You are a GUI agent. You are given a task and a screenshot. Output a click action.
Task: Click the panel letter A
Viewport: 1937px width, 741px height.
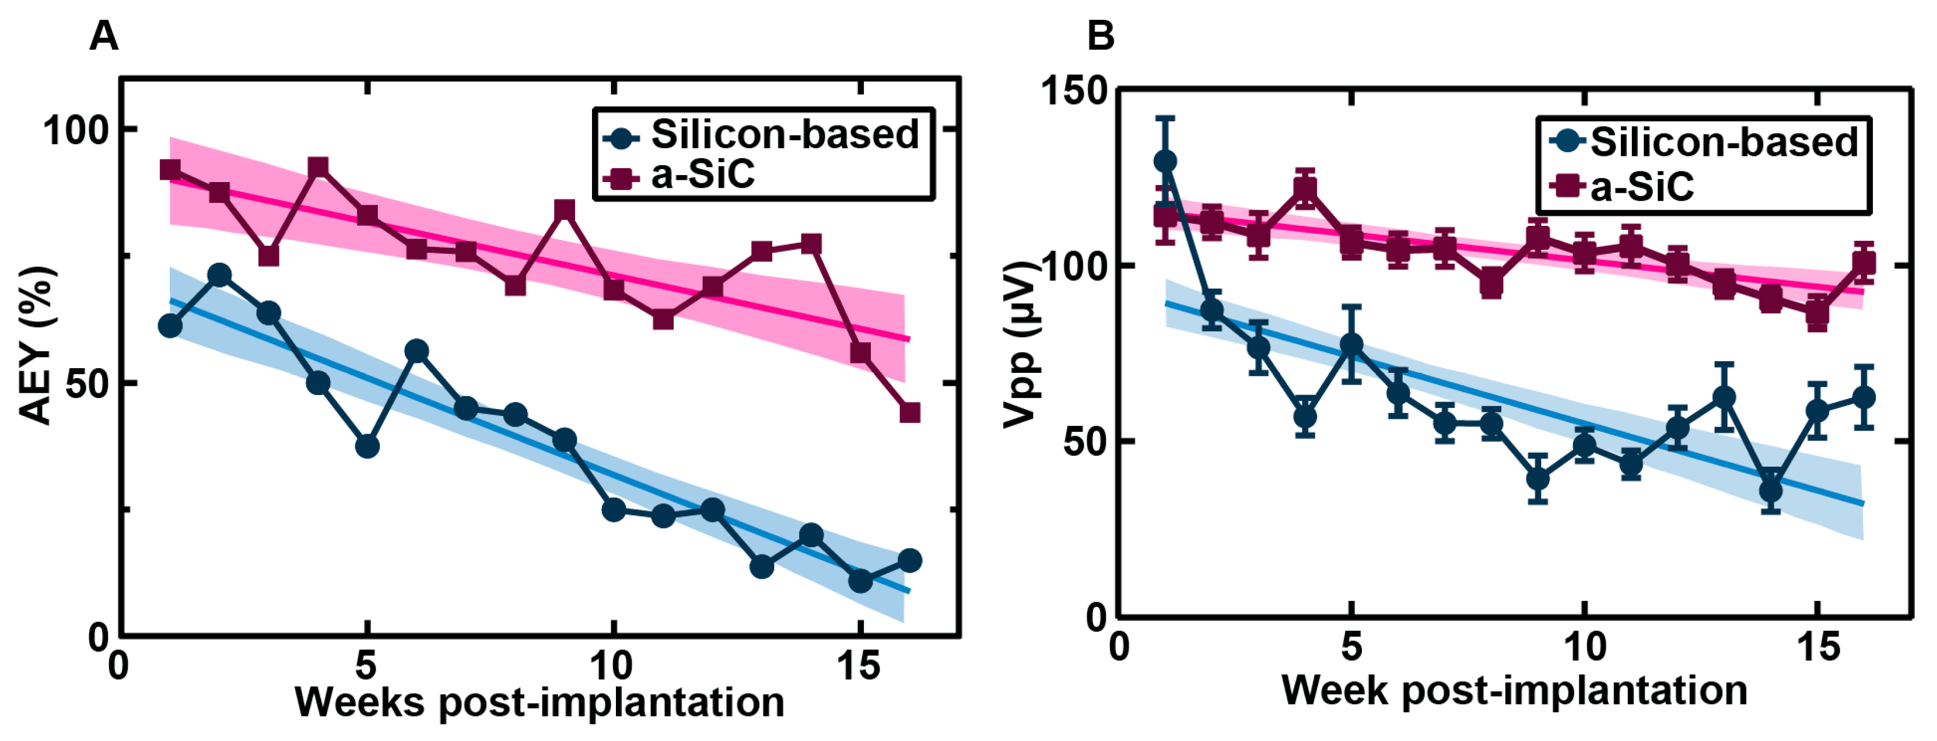tap(104, 36)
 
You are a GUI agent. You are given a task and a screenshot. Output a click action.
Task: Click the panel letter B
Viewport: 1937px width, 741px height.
tap(1101, 36)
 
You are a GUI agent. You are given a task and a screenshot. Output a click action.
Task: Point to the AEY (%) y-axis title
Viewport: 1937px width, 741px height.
tap(36, 345)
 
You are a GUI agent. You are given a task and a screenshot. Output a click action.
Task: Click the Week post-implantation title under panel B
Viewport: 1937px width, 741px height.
tap(1514, 689)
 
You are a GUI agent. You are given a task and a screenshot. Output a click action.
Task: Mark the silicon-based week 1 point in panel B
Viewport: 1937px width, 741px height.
tap(1165, 161)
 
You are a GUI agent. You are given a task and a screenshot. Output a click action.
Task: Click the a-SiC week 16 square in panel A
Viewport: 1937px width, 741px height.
tap(910, 413)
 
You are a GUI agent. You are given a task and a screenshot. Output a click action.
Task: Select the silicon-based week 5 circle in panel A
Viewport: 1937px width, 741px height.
tap(367, 446)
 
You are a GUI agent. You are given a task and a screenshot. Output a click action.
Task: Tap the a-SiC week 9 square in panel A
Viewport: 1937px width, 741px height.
tap(565, 210)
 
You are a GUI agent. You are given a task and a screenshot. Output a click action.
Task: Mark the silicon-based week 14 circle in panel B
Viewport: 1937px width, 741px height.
tap(1771, 491)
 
